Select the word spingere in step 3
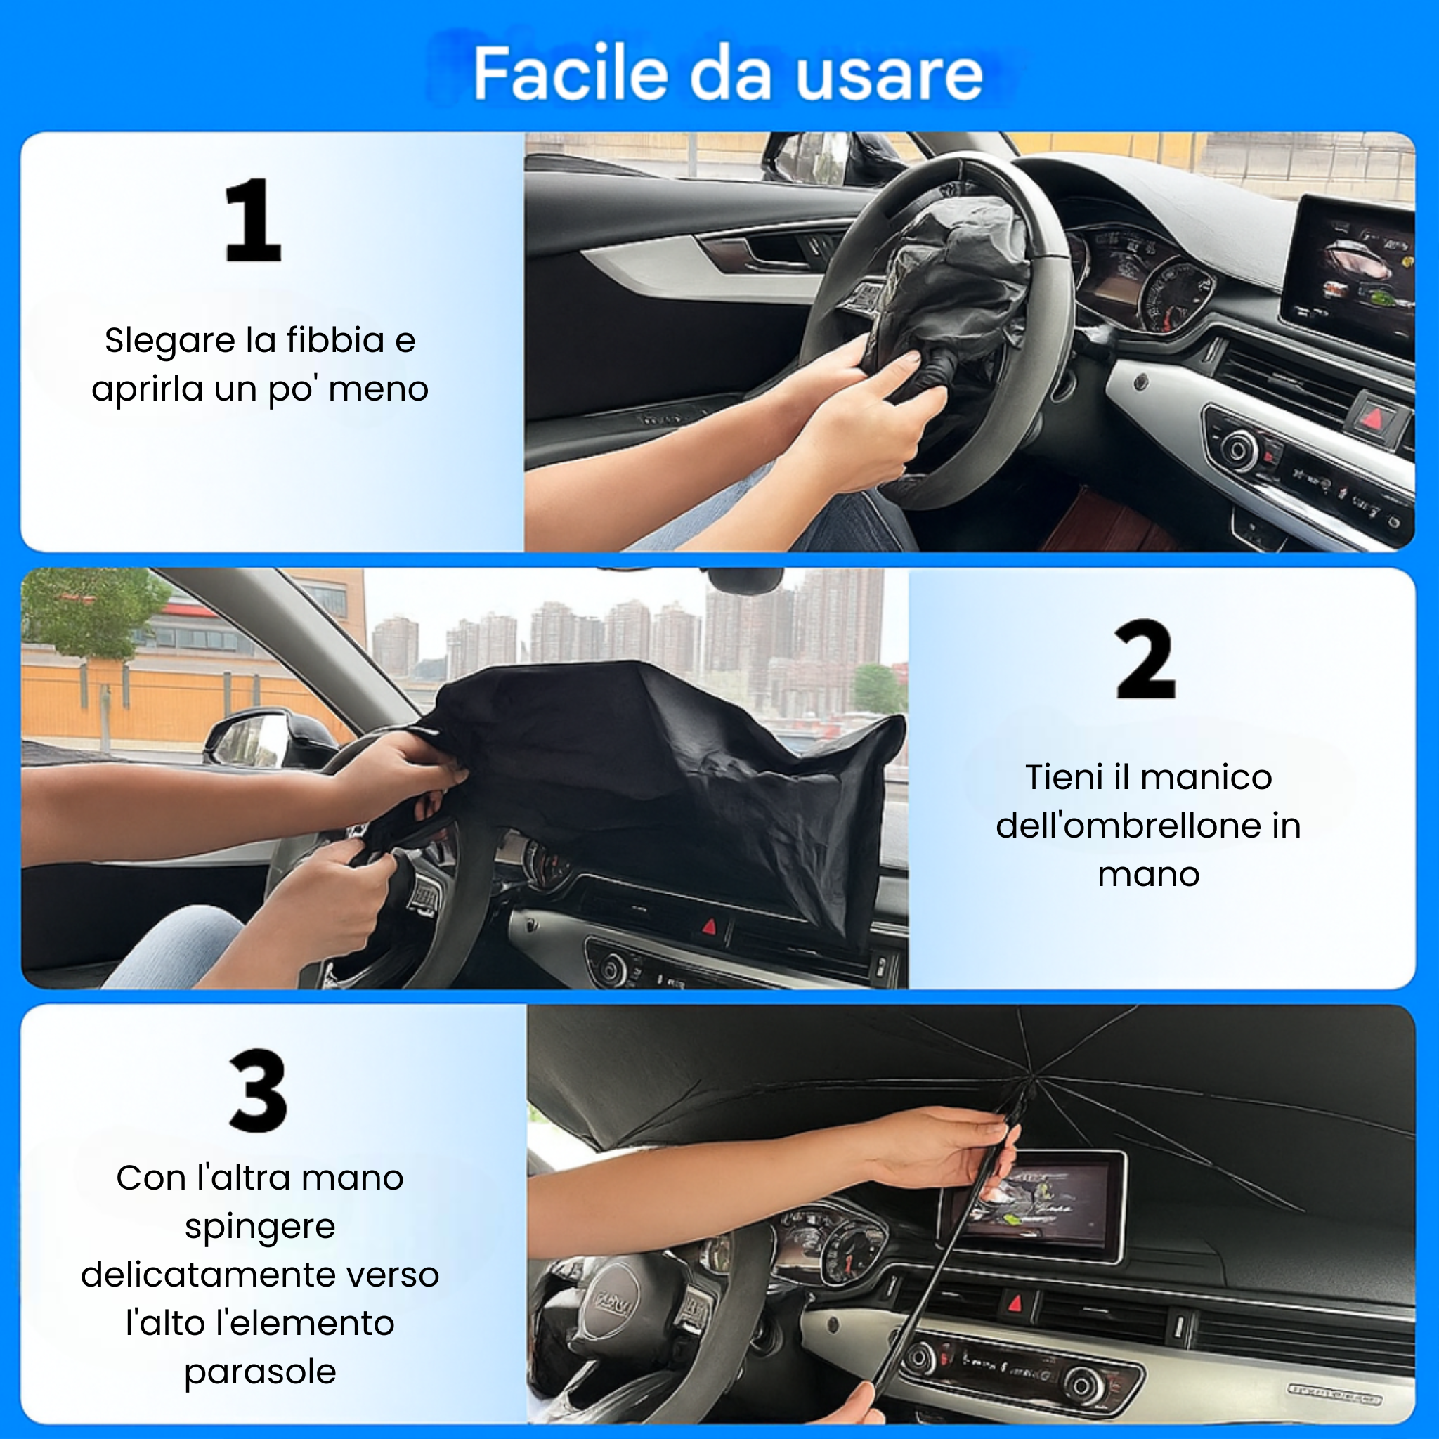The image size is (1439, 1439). pos(260,1228)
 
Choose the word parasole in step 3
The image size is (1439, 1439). pos(260,1372)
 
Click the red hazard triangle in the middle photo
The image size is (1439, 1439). pos(709,927)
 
